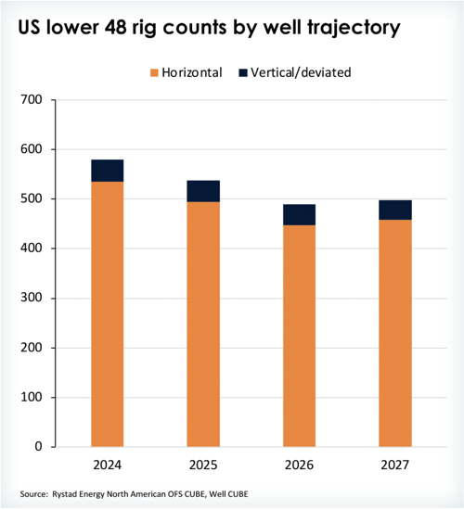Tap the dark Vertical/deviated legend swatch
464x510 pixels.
pyautogui.click(x=245, y=71)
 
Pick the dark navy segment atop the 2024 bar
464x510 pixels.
pyautogui.click(x=107, y=171)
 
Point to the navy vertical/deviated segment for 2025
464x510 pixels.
pyautogui.click(x=203, y=191)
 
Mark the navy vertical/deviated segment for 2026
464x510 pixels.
pyautogui.click(x=299, y=215)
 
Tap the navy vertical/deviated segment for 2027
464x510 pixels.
pyautogui.click(x=395, y=210)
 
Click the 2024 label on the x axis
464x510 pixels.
pyautogui.click(x=107, y=464)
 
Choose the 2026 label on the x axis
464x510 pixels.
pyautogui.click(x=299, y=464)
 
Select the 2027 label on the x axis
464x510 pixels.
pyautogui.click(x=395, y=464)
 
